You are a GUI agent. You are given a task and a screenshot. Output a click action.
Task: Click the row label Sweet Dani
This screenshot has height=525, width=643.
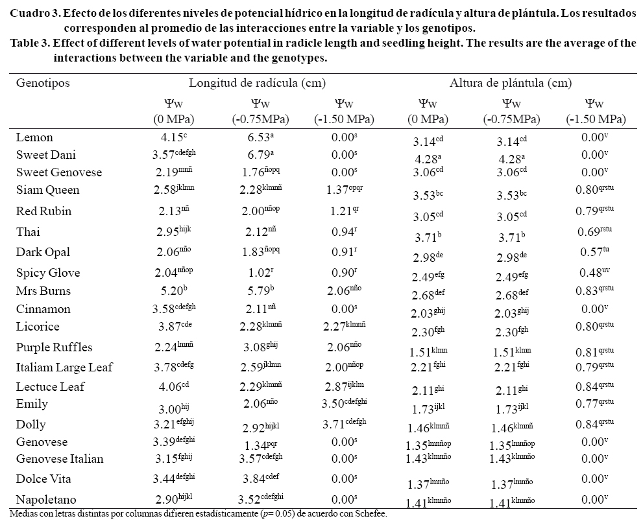43,156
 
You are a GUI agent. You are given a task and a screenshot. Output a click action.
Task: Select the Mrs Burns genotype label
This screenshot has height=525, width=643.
43,290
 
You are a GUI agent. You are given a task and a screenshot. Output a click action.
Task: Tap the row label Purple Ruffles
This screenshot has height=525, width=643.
55,347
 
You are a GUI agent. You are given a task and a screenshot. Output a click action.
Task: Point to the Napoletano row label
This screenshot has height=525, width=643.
47,500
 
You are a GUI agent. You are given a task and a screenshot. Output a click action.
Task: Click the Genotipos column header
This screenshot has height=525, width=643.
43,83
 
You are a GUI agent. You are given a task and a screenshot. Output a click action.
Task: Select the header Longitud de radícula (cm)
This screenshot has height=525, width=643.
257,83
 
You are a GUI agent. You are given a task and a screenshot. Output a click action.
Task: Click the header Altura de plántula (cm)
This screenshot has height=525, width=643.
511,83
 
